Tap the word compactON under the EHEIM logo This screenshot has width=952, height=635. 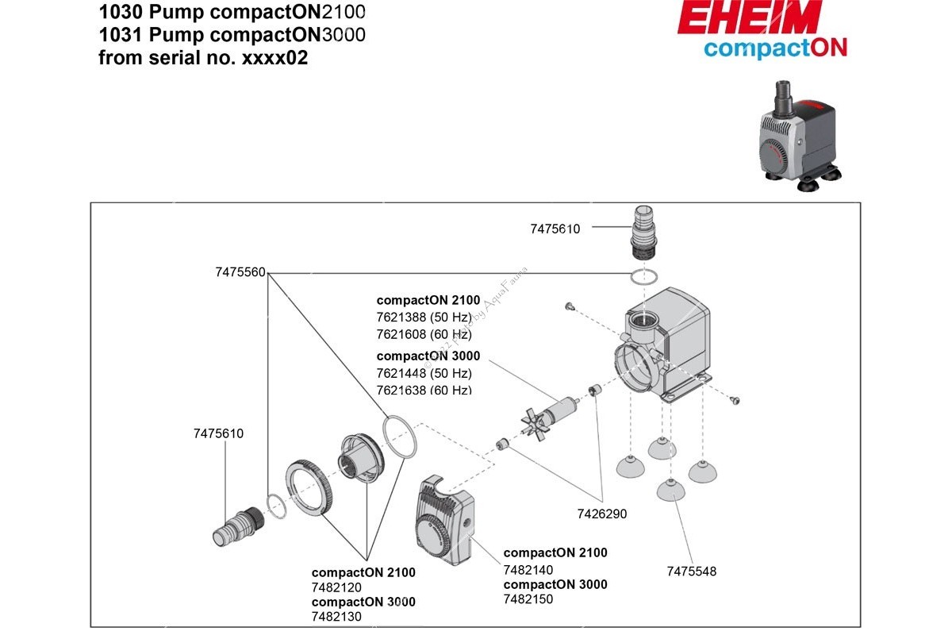pyautogui.click(x=775, y=48)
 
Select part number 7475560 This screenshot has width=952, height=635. pyautogui.click(x=240, y=271)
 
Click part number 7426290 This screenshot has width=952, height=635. pyautogui.click(x=601, y=514)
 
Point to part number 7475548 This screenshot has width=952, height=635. pyautogui.click(x=691, y=571)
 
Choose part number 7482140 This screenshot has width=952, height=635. pyautogui.click(x=528, y=569)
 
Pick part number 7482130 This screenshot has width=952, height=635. pyautogui.click(x=336, y=617)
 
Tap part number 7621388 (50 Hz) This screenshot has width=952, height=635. pyautogui.click(x=424, y=317)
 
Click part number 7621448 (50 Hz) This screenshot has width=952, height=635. pyautogui.click(x=424, y=373)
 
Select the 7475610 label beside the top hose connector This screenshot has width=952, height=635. pyautogui.click(x=555, y=229)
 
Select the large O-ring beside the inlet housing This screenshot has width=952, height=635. pyautogui.click(x=399, y=436)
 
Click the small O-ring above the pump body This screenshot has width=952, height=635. pyautogui.click(x=643, y=277)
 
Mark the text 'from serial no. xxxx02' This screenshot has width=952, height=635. pyautogui.click(x=202, y=58)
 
